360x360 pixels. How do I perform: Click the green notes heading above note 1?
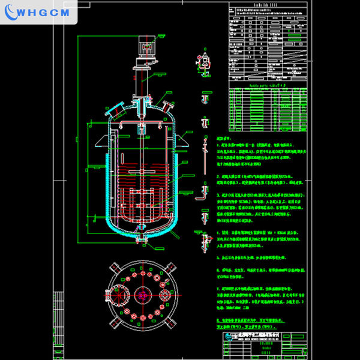224,137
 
